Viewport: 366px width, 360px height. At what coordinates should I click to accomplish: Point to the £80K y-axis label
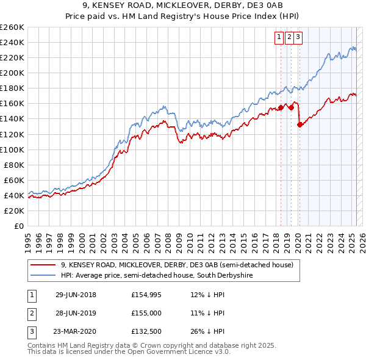coord(15,165)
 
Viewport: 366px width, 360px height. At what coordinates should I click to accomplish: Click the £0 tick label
coord(20,226)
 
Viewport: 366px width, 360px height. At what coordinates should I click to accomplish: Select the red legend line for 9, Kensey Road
coord(43,265)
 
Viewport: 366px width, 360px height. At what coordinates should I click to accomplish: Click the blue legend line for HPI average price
coord(43,275)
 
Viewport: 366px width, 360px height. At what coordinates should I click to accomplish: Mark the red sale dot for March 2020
coord(300,124)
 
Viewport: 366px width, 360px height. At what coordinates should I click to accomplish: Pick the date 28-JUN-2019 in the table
coord(75,312)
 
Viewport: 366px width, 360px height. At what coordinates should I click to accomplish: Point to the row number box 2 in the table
coord(31,312)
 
